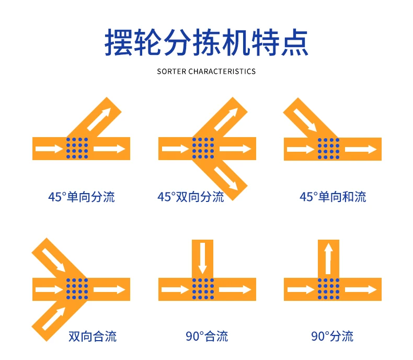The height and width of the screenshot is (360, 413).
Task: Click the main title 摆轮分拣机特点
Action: [206, 42]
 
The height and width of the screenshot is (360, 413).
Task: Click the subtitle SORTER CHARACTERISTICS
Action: [206, 71]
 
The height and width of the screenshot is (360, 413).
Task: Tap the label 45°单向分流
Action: [82, 197]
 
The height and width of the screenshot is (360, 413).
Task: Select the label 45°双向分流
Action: [191, 197]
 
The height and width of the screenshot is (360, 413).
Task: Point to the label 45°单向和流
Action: [333, 197]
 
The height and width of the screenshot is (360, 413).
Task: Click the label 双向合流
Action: [93, 336]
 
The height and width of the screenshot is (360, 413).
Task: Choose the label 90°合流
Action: [207, 336]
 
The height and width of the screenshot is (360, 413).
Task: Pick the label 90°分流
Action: [332, 336]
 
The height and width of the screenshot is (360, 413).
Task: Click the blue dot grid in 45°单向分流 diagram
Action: [77, 148]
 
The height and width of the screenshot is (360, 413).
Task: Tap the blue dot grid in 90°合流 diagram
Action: [203, 289]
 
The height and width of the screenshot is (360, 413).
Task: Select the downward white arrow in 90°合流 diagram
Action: [202, 258]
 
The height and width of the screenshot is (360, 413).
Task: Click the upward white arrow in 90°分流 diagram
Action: [328, 258]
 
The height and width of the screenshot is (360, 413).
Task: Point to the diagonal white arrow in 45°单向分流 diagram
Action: [99, 119]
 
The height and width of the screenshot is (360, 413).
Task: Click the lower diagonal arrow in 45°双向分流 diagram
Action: [226, 178]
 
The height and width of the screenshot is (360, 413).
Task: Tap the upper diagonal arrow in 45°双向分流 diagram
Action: [226, 119]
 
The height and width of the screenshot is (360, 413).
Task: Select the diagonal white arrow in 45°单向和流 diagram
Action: [305, 120]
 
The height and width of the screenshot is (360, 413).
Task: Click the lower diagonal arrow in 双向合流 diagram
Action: [53, 319]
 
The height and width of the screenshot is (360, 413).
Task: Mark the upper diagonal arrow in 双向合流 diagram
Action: [53, 260]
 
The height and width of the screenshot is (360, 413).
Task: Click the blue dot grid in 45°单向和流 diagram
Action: [328, 149]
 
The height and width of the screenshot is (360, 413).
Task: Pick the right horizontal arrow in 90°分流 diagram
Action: [361, 290]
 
